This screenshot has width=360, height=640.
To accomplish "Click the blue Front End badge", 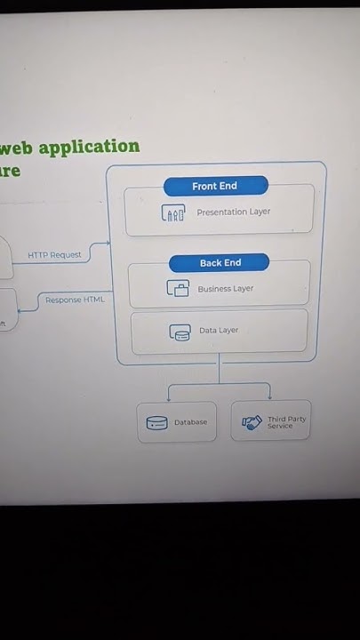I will pos(215,186).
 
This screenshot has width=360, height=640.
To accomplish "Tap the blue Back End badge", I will pos(220,262).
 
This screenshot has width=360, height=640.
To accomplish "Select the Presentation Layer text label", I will pos(233,212).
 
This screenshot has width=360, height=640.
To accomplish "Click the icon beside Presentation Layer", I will pos(173,213).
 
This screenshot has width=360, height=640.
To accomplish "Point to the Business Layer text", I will pos(225,289).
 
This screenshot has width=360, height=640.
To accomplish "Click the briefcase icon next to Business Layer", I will pos(178,289).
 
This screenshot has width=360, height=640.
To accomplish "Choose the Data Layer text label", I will pos(219,331).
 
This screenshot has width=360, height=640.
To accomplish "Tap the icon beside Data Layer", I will pos(180,332).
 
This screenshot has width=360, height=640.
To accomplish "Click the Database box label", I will pos(190,422).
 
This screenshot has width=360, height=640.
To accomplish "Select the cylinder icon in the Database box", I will pos(156,423).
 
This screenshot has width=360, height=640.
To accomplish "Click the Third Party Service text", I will pos(285,422).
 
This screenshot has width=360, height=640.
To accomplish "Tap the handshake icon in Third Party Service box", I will pos(253,423).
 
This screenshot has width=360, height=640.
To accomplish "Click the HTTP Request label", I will pos(54,255).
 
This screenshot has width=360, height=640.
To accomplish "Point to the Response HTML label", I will pos(75,300).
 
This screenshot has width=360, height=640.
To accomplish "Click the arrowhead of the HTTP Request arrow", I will pos(108,243).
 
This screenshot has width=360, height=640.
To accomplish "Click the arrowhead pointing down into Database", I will pos(169,398).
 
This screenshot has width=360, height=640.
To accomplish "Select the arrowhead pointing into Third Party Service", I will pos(269,397).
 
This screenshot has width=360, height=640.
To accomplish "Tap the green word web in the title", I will pos(16,148).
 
